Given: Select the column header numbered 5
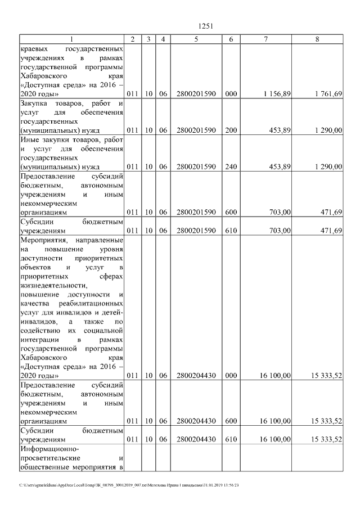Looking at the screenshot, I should tap(196, 39).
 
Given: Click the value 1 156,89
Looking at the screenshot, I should tap(277, 94).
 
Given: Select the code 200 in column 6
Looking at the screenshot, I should tap(231, 130).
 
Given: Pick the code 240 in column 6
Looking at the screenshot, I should tap(231, 166).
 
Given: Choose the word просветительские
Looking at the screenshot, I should tap(51, 458).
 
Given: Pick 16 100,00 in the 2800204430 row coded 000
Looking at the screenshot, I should tap(275, 375).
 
